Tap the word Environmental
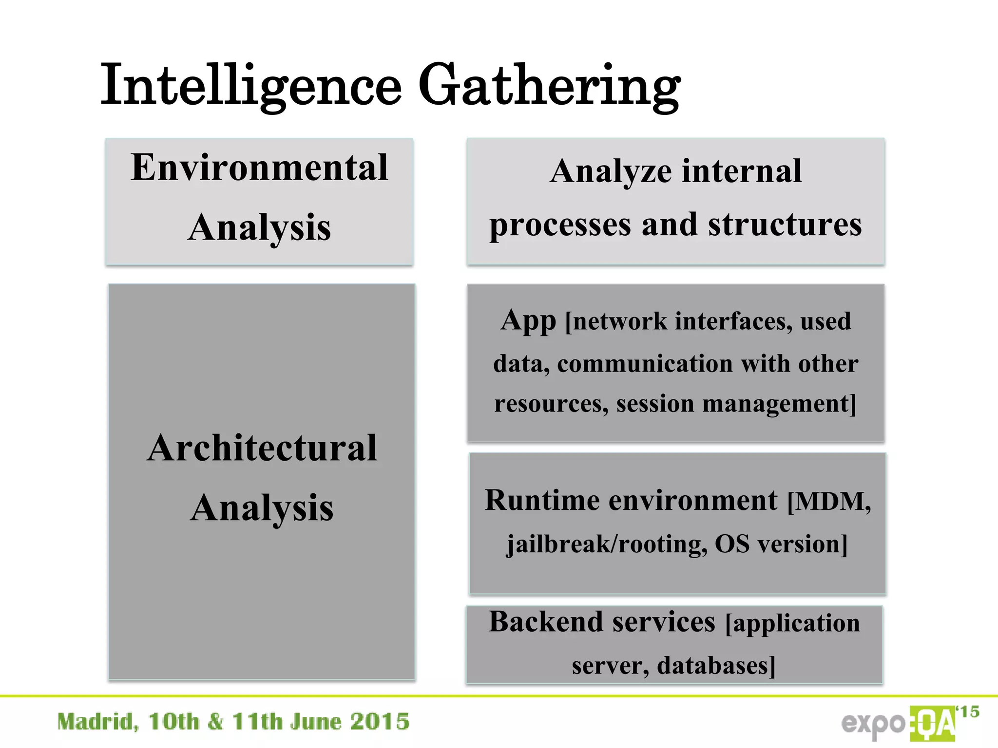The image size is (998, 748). tap(259, 168)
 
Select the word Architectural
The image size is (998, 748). tap(262, 449)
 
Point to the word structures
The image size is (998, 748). tap(785, 225)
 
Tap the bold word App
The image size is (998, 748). tap(528, 321)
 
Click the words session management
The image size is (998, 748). tap(736, 404)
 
